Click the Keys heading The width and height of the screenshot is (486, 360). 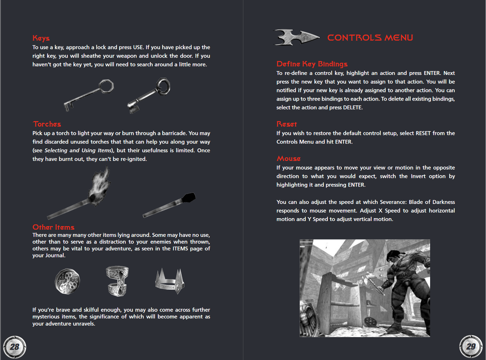41,38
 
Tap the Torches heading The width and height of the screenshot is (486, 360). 47,124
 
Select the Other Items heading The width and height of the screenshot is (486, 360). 53,227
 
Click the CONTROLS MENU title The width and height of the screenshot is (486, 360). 370,37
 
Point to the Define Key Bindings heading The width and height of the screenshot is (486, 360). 312,64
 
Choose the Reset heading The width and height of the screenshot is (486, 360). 287,124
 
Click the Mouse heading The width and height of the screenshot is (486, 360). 288,158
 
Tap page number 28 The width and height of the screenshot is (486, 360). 15,347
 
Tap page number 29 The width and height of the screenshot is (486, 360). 471,346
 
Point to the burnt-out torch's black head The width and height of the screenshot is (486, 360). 189,198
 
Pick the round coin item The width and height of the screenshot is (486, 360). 67,281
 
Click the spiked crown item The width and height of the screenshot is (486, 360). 169,281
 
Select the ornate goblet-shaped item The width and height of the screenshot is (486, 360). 117,281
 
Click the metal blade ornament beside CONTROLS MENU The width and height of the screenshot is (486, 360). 296,37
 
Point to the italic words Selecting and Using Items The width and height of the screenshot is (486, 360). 78,151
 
